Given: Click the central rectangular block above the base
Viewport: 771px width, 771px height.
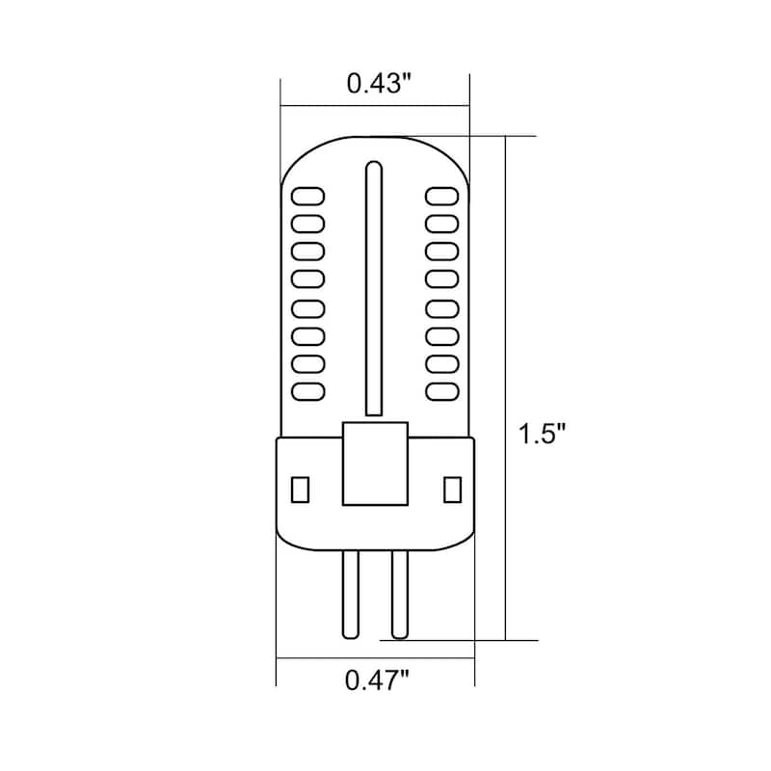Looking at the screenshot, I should [375, 463].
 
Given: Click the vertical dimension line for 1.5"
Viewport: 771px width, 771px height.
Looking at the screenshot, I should [505, 385].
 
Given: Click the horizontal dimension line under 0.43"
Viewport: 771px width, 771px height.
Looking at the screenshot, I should [375, 105].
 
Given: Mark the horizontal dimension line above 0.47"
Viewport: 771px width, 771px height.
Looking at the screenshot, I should [375, 658].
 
